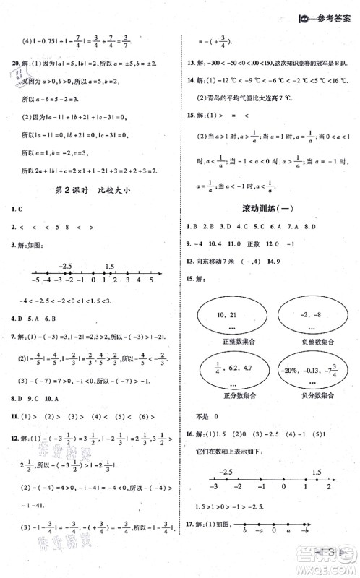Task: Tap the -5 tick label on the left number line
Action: (x=34, y=279)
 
